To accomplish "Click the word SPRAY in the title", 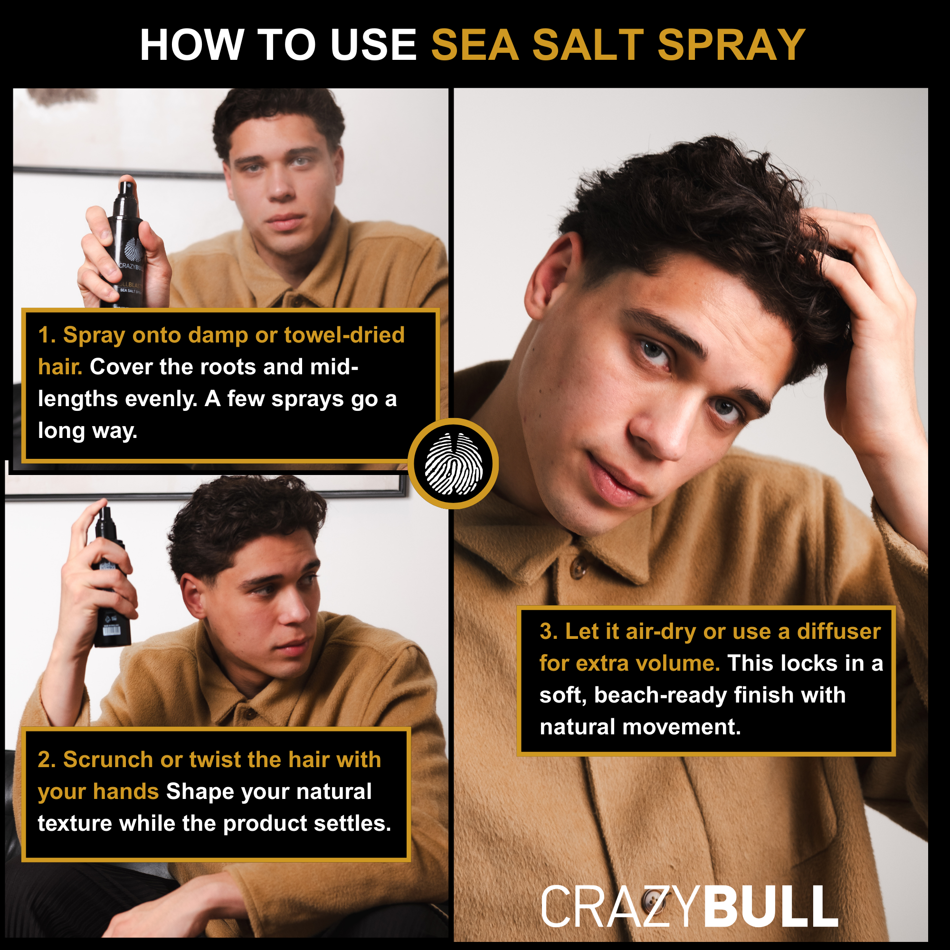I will pyautogui.click(x=731, y=45).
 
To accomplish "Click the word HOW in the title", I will pyautogui.click(x=192, y=45).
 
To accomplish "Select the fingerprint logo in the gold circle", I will pyautogui.click(x=453, y=464).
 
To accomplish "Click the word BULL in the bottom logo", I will pyautogui.click(x=770, y=907).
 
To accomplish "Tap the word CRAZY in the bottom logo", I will pyautogui.click(x=620, y=907).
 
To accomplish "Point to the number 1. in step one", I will pyautogui.click(x=47, y=335).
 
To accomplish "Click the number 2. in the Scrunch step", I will pyautogui.click(x=47, y=760).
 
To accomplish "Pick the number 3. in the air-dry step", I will pyautogui.click(x=548, y=632).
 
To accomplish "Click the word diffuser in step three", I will pyautogui.click(x=838, y=632).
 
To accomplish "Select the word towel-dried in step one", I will pyautogui.click(x=344, y=335).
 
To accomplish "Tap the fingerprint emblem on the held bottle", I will pyautogui.click(x=134, y=249).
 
